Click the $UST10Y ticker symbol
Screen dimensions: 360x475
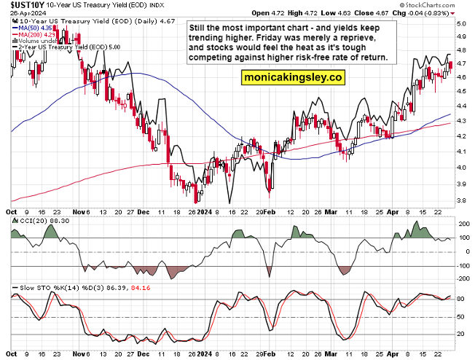(21, 5)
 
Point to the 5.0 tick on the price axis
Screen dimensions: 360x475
(461, 24)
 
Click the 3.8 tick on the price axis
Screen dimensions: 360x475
(461, 200)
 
